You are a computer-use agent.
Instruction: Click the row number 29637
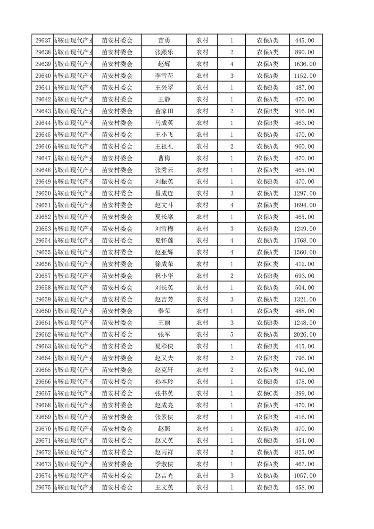click(x=43, y=41)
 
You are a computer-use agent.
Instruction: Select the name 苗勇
click(x=164, y=41)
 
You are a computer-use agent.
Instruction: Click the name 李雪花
click(x=164, y=76)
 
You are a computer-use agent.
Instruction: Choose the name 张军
click(x=164, y=335)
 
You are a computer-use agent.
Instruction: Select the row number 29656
click(x=43, y=264)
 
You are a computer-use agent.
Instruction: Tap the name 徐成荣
click(x=164, y=264)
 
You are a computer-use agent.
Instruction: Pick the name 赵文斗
click(x=164, y=205)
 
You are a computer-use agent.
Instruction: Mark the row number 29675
click(x=43, y=488)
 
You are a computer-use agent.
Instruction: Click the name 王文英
click(x=164, y=488)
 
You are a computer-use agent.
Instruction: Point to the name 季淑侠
click(x=164, y=464)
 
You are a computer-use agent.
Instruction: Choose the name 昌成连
click(x=164, y=193)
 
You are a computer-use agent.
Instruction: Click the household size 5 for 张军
click(x=232, y=335)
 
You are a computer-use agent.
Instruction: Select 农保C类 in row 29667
click(x=267, y=394)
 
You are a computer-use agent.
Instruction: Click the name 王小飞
click(x=164, y=135)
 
